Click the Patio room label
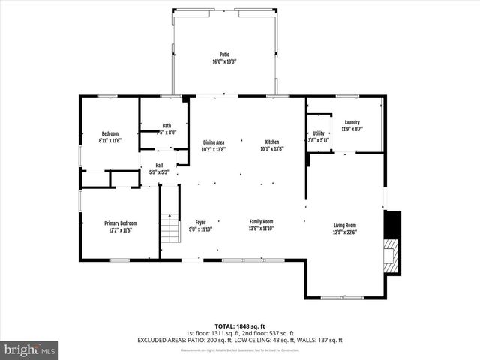point(224,55)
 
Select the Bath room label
point(166,126)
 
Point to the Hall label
point(159,166)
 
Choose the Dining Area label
point(214,142)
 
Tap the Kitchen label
point(271,142)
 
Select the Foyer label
point(201,222)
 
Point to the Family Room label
point(262,222)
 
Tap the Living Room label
point(345,226)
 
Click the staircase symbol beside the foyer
point(171,229)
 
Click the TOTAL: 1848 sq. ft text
point(240,325)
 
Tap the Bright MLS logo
point(30,349)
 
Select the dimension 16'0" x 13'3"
point(224,62)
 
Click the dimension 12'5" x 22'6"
point(345,232)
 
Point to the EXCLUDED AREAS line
point(240,340)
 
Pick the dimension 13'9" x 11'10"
point(262,229)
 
